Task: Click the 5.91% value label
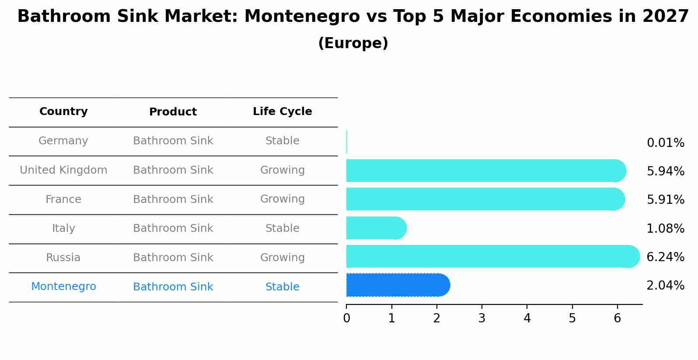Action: click(x=665, y=200)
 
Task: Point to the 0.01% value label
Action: click(x=665, y=143)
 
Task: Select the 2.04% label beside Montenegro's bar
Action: click(x=665, y=286)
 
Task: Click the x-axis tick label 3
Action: click(x=482, y=318)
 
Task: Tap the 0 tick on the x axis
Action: click(x=346, y=318)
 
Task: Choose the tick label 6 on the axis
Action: click(x=617, y=318)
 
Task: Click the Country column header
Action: click(x=63, y=112)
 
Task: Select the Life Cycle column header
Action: click(x=282, y=112)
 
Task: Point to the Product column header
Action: click(x=173, y=112)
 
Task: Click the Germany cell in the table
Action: click(x=63, y=141)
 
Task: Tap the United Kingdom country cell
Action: click(x=63, y=170)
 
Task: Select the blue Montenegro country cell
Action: click(x=63, y=287)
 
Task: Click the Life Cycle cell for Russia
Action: click(x=282, y=258)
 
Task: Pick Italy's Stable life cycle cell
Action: click(x=282, y=228)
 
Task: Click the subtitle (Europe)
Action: click(x=353, y=43)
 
